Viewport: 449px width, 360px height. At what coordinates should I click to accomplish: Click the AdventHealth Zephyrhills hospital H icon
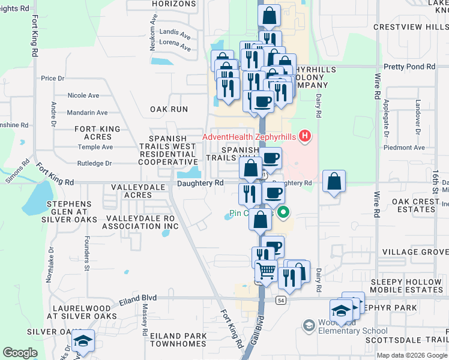pyautogui.click(x=305, y=136)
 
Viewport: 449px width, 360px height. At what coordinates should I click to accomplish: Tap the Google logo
pyautogui.click(x=20, y=353)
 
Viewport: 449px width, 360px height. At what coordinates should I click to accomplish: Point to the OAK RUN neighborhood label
pyautogui.click(x=169, y=109)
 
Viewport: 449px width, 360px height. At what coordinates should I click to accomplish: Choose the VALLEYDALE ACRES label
pyautogui.click(x=131, y=191)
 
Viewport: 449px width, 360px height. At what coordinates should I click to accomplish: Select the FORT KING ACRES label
pyautogui.click(x=97, y=133)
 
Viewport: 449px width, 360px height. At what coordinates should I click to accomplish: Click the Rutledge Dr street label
pyautogui.click(x=94, y=163)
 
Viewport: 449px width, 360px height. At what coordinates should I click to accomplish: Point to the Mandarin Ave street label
pyautogui.click(x=87, y=112)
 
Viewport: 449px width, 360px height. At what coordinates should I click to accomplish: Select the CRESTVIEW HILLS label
pyautogui.click(x=411, y=27)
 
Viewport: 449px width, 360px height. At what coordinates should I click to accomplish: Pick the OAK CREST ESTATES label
pyautogui.click(x=420, y=206)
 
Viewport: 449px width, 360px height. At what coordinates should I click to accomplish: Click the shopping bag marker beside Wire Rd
pyautogui.click(x=334, y=182)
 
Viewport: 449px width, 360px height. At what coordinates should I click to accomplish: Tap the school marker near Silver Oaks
pyautogui.click(x=82, y=342)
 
